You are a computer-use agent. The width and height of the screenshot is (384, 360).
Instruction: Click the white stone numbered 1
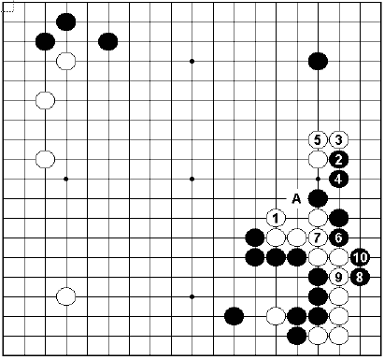coord(276,218)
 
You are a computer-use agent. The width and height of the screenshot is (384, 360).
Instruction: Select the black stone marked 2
coord(339,159)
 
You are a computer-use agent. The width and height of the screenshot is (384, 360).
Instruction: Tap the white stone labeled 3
coord(339,139)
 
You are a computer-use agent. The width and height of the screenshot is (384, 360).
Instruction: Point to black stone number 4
coord(339,179)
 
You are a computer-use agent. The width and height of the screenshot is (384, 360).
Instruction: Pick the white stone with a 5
coord(318,139)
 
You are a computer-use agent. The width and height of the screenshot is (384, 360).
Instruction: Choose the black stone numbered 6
coord(339,238)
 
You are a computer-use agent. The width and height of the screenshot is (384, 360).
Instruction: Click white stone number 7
coord(318,238)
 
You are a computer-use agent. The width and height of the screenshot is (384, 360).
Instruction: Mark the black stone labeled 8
coord(360,277)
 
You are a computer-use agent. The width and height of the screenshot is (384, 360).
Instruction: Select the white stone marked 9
coord(339,277)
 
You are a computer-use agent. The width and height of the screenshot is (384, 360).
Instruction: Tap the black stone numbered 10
coord(360,257)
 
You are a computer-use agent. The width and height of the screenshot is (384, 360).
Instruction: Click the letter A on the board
coord(296,198)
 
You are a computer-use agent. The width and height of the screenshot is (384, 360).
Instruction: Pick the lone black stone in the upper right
coord(318,62)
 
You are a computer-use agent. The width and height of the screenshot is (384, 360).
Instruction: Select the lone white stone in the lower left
coord(65,296)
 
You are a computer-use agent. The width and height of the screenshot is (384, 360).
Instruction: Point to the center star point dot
coord(192,179)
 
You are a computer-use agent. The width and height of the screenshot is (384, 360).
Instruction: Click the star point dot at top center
coord(192,62)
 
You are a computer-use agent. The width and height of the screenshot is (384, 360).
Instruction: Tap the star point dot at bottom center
coord(192,296)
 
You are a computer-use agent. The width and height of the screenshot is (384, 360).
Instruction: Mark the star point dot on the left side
coord(65,179)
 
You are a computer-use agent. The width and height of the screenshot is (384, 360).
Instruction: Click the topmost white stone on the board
coord(65,62)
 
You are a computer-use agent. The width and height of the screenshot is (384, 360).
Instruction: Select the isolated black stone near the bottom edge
coord(234,315)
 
